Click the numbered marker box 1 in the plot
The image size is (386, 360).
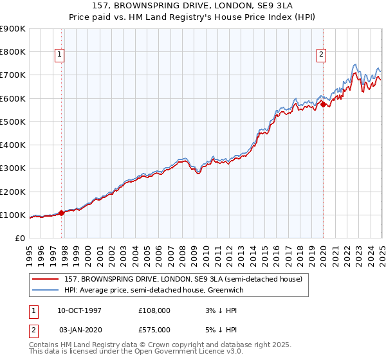pyautogui.click(x=59, y=55)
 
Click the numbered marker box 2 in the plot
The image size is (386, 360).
pyautogui.click(x=320, y=55)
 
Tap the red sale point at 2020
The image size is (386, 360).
pyautogui.click(x=323, y=104)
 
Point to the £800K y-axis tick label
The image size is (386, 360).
pyautogui.click(x=13, y=52)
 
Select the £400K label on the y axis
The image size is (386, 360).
pyautogui.click(x=13, y=145)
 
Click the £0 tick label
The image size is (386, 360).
pyautogui.click(x=21, y=239)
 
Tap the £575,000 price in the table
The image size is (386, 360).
pyautogui.click(x=156, y=330)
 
